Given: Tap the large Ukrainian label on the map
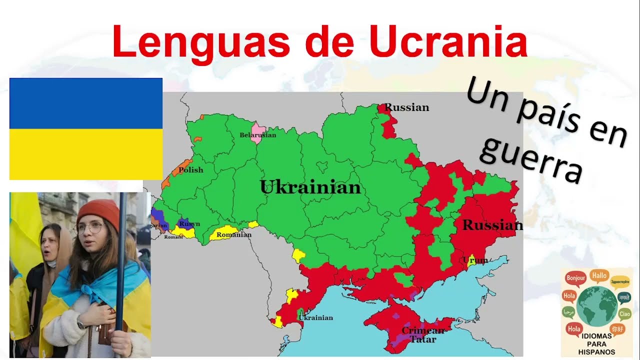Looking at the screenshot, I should click(310, 187).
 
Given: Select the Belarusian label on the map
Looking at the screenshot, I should click(257, 135).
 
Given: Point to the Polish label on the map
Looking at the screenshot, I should click(191, 170).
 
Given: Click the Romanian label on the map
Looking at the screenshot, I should click(234, 234).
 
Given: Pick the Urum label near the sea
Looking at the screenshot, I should click(475, 260).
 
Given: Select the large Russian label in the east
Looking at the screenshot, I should click(492, 225).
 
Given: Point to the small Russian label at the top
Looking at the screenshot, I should click(406, 107).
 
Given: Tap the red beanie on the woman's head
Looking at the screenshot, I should click(98, 212).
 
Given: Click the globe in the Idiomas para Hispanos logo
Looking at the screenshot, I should click(596, 305).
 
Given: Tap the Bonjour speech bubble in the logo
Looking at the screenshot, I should click(575, 278).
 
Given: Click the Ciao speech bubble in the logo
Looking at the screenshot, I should click(624, 314).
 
